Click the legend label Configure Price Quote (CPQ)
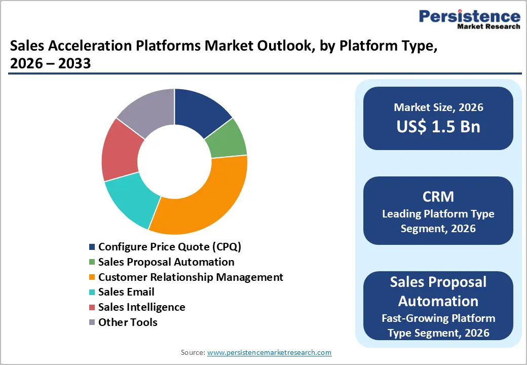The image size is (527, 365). tap(170, 247)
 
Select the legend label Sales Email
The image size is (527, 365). tap(126, 292)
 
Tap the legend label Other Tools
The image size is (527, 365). tap(128, 322)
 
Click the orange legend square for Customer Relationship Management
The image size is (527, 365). tap(92, 277)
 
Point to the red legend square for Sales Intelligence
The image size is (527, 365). tap(92, 308)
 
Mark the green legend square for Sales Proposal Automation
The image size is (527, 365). tap(92, 263)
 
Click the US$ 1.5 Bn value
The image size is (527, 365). tap(438, 127)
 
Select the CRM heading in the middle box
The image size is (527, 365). tap(438, 197)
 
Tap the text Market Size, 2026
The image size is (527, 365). tap(438, 107)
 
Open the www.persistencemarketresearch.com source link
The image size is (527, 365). tap(269, 352)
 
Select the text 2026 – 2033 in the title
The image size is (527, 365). tap(50, 63)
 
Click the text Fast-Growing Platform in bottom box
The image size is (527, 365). tap(438, 318)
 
